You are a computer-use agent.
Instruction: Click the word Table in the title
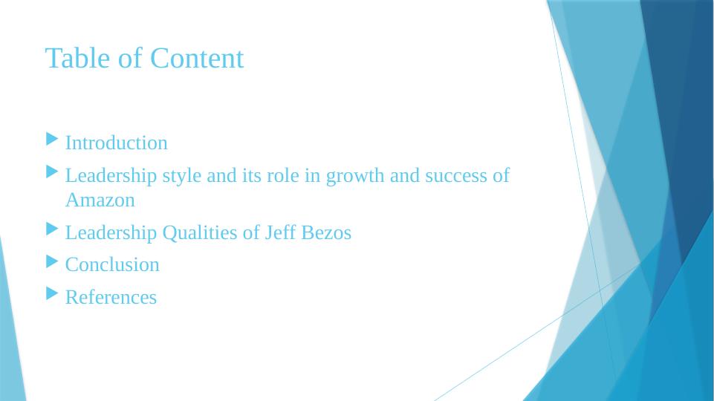[x=71, y=58]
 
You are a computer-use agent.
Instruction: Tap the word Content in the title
[x=196, y=58]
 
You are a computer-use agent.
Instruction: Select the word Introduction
[x=117, y=143]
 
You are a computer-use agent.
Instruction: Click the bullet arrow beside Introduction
[x=51, y=140]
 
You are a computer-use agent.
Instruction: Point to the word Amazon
[x=100, y=200]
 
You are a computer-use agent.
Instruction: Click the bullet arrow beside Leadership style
[x=51, y=172]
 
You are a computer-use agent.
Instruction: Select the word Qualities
[x=200, y=233]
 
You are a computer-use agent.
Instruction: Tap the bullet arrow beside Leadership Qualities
[x=51, y=229]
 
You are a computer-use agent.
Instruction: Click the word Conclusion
[x=112, y=265]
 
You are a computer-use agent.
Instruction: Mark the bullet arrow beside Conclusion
[x=51, y=261]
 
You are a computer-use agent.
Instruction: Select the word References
[x=111, y=297]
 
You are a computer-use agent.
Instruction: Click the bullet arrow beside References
[x=51, y=294]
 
